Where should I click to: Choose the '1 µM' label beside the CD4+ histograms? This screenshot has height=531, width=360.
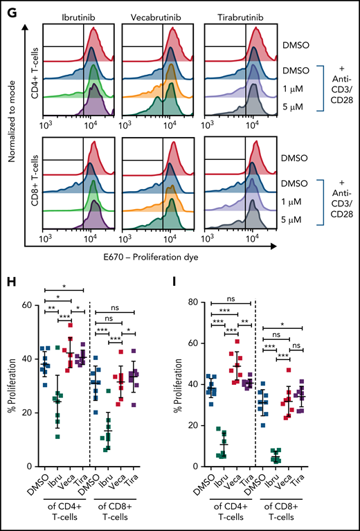pyautogui.click(x=285, y=89)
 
